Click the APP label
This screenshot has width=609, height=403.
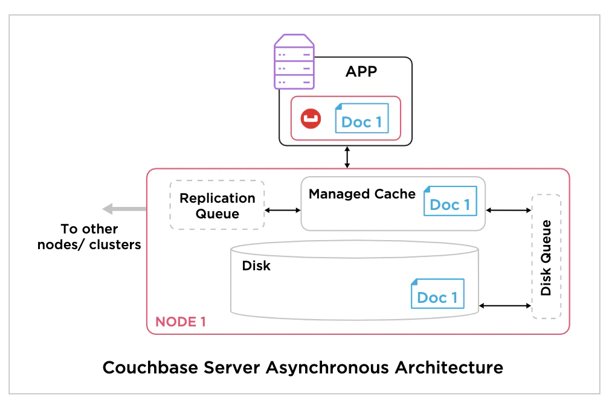coord(361,72)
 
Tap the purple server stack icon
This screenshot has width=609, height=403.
coord(294,61)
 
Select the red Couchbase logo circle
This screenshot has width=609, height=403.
coord(311,118)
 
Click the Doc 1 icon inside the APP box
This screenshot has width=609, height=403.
coord(361,119)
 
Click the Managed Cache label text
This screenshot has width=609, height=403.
coord(362,194)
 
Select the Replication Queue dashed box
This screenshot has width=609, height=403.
coord(217,205)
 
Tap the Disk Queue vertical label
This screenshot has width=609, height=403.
coord(546,258)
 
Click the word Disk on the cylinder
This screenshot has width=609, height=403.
coord(256,265)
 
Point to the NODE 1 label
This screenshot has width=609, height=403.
coord(181,322)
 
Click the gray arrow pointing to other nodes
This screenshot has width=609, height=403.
coord(124,209)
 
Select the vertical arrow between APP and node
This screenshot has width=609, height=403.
coord(347,157)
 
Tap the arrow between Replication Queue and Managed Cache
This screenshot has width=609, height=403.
coord(283,210)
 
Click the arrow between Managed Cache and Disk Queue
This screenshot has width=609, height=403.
coord(508,210)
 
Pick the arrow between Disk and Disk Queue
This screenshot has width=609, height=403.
coord(504,306)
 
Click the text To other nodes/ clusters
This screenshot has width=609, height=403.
coord(89,237)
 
